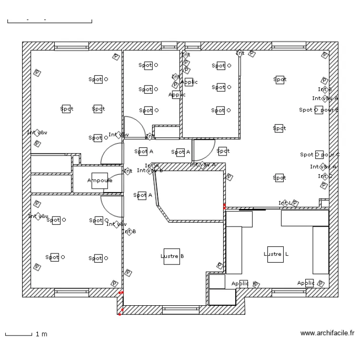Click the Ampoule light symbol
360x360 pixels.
[99, 180]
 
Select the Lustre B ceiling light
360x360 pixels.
[171, 256]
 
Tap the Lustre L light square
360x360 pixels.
[276, 254]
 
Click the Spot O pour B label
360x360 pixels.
[319, 110]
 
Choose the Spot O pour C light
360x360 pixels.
[319, 155]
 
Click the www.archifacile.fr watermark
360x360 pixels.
[327, 333]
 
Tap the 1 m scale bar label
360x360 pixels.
[42, 334]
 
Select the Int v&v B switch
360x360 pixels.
[150, 170]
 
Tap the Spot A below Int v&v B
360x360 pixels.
[142, 195]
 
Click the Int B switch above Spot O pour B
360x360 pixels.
[324, 89]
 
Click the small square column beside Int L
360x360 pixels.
[324, 203]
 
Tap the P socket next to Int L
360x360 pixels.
[295, 203]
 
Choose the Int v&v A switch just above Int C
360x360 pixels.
[324, 167]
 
